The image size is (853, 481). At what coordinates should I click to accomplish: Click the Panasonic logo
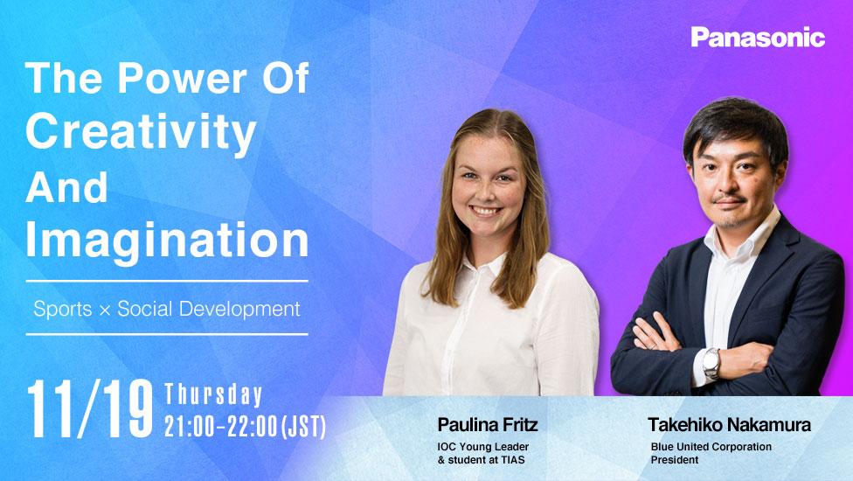pos(758,37)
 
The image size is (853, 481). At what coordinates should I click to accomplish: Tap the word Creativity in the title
pos(141,133)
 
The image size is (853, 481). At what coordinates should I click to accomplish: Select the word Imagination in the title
pos(167,240)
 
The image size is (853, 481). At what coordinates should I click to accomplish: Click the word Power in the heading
pos(183,78)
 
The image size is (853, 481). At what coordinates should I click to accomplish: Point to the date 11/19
pos(90,409)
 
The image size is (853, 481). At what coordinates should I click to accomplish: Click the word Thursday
pos(213,395)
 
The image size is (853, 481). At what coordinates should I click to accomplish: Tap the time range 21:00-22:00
pos(221,427)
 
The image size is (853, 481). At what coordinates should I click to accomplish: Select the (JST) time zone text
pos(303,427)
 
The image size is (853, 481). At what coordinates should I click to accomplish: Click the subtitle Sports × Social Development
pos(166,309)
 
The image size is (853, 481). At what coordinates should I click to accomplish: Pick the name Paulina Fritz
pos(488,424)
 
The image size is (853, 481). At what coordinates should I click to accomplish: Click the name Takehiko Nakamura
pos(729,424)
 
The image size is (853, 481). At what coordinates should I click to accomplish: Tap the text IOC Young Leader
pos(483,447)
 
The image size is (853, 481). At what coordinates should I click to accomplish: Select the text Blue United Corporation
pos(711,447)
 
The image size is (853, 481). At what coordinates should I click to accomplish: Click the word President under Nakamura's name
pos(675,460)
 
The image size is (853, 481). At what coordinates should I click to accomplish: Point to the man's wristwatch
pos(711,363)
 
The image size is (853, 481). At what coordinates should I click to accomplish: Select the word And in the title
pos(66,187)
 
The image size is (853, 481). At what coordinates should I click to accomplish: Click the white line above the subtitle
pos(167,281)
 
